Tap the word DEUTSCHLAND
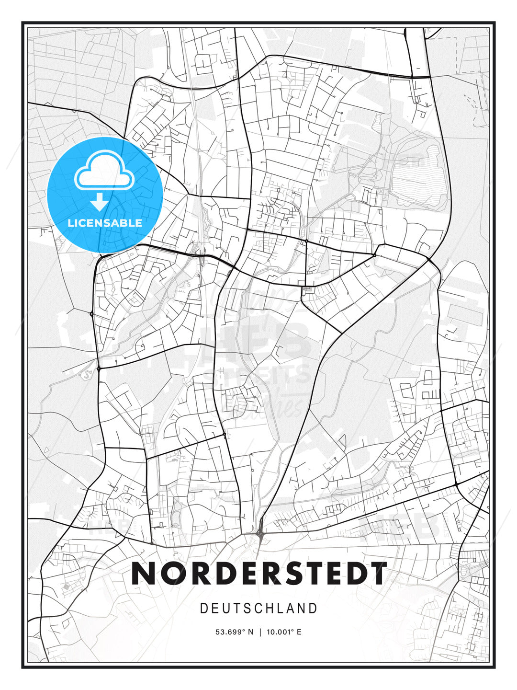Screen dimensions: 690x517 tap(258, 609)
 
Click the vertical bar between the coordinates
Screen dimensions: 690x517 tap(260, 632)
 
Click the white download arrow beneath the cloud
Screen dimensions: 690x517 tap(100, 202)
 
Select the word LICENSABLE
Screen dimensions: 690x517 tap(105, 223)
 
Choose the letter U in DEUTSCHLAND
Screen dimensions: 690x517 tap(228, 609)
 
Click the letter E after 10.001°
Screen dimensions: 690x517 tap(299, 632)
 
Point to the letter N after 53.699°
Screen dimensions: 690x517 tap(251, 632)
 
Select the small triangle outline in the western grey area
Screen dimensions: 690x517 tap(46, 450)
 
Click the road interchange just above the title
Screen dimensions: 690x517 tap(260, 531)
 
